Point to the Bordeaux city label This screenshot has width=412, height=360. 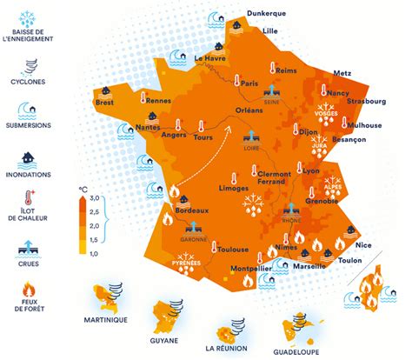tap(191, 210)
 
